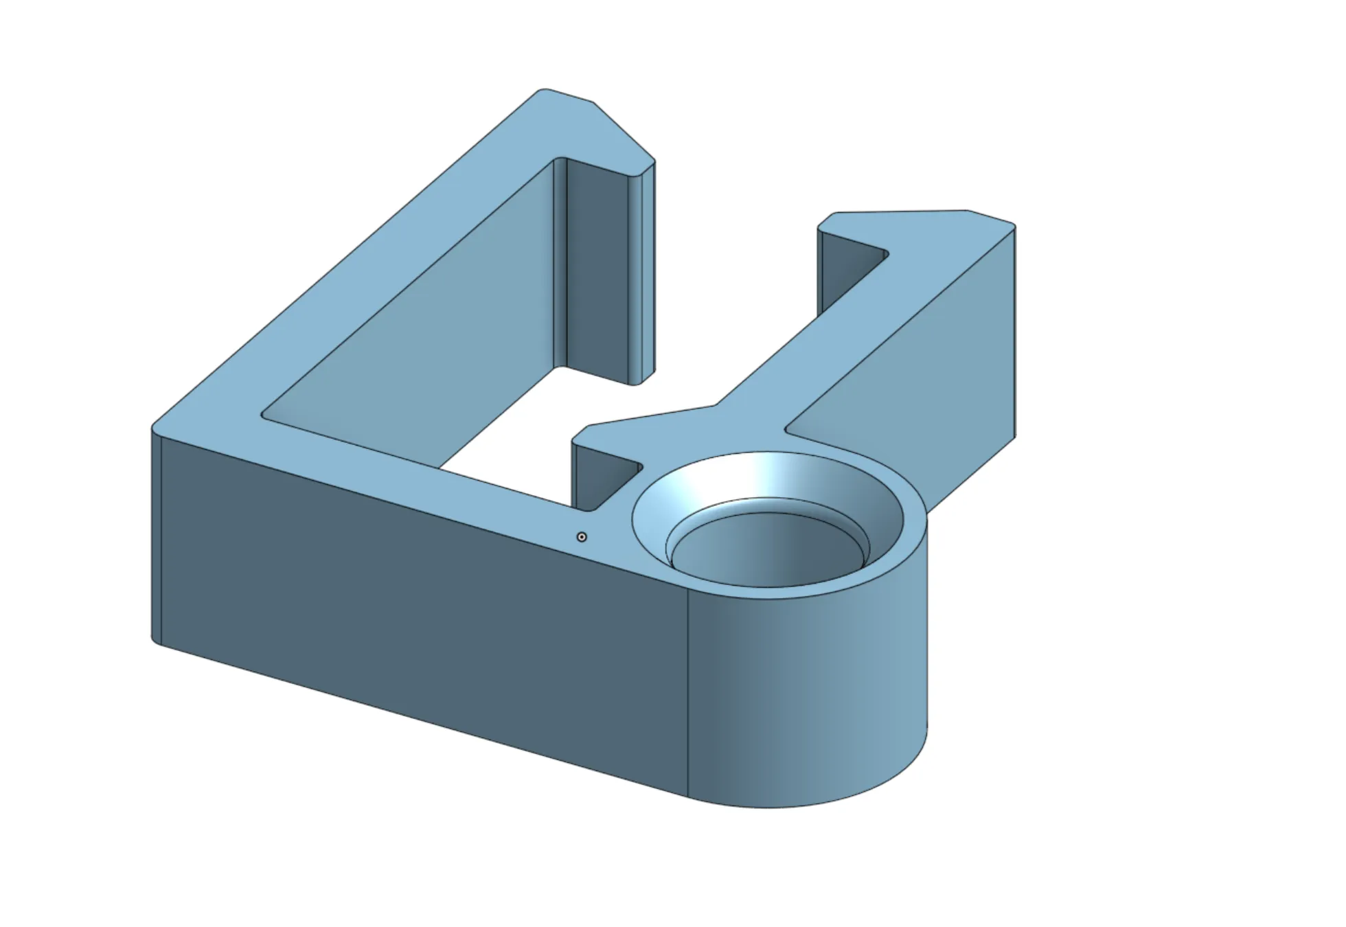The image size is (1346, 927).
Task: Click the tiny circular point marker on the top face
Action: (582, 537)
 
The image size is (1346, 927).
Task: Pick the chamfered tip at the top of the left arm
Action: (621, 130)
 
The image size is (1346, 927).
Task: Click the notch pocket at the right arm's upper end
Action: (848, 268)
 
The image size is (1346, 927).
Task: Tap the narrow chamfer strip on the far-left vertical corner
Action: (156, 536)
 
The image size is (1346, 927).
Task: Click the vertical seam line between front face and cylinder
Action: (688, 694)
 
